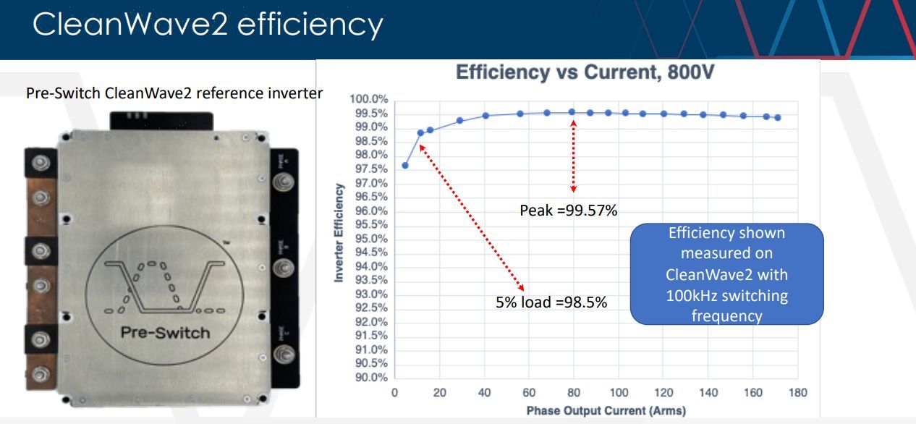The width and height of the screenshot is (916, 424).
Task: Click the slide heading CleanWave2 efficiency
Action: click(208, 25)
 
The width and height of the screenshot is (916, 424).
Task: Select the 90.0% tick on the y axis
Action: click(370, 378)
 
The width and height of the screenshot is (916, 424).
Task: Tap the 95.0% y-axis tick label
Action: click(370, 239)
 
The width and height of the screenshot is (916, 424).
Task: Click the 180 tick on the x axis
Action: click(798, 393)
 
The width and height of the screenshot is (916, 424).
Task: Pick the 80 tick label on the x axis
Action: click(574, 393)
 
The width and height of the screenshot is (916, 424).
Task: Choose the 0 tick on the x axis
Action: click(394, 393)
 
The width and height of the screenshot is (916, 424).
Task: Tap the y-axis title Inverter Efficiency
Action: click(338, 232)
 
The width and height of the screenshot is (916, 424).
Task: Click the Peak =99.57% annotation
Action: click(568, 211)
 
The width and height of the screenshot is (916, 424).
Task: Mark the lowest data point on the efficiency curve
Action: click(405, 166)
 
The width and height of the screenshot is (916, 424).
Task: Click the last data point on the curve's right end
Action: click(778, 117)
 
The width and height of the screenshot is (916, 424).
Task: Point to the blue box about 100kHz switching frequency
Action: click(726, 274)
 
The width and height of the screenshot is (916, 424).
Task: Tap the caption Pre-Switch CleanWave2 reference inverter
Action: click(174, 94)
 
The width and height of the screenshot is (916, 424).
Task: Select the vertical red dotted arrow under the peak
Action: click(574, 156)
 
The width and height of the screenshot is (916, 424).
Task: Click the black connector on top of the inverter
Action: click(161, 120)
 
